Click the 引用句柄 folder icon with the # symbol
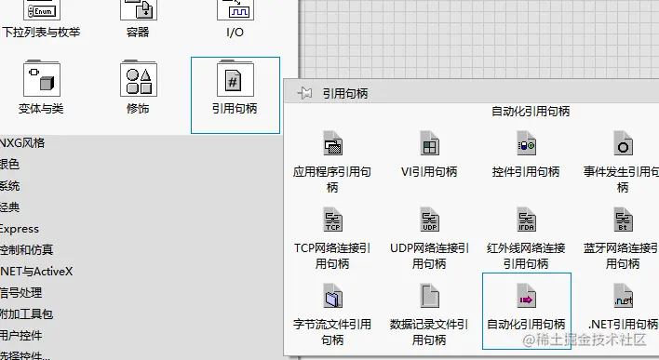click(235, 80)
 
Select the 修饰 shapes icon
click(138, 80)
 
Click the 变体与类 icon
click(41, 80)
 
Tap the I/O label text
click(235, 33)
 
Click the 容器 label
click(138, 33)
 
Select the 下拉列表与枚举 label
click(41, 33)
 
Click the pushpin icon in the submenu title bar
click(303, 93)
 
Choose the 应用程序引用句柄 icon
click(332, 144)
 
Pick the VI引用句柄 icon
click(429, 144)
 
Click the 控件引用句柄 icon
click(526, 144)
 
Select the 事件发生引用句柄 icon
click(623, 144)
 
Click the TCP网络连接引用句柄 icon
click(332, 220)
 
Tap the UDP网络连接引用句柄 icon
click(429, 220)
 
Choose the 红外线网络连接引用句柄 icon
click(526, 220)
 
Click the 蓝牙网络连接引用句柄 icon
click(623, 220)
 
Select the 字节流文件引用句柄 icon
click(332, 297)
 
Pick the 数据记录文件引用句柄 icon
click(429, 297)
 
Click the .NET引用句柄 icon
click(623, 297)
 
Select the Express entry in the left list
click(20, 229)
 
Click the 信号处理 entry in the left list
click(20, 293)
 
